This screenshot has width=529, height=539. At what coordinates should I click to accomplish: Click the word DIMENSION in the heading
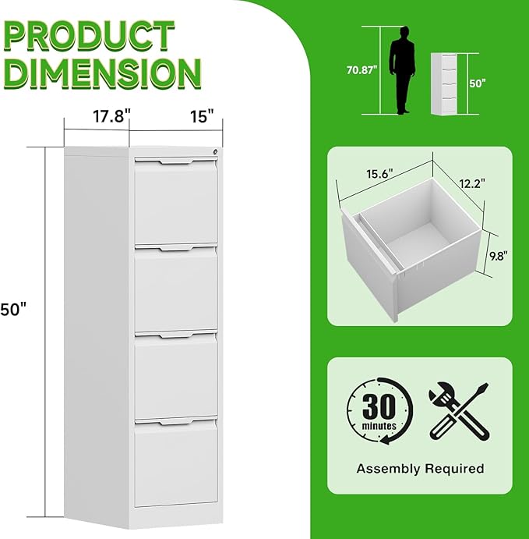tap(102, 73)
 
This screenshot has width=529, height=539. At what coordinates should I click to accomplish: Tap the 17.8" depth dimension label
tap(112, 116)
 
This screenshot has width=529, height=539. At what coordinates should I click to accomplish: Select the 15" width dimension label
tap(202, 116)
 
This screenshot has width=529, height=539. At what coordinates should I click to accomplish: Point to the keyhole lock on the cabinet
tap(216, 151)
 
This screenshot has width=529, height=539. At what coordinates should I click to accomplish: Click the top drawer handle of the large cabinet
tap(176, 161)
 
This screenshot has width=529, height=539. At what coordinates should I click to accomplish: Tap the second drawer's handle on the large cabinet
tap(176, 247)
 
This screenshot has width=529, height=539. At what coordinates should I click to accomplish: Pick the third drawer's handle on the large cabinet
tap(176, 334)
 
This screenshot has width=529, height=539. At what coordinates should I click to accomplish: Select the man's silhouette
tap(402, 70)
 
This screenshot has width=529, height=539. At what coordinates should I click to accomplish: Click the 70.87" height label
tap(361, 70)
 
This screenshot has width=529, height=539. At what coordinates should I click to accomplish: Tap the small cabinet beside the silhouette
tap(443, 84)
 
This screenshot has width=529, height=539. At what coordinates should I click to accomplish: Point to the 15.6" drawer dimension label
tap(379, 174)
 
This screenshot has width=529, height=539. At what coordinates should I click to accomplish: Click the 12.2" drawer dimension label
tap(472, 183)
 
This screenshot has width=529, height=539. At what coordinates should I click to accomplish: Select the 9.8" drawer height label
tap(498, 256)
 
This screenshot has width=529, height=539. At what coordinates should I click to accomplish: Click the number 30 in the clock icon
tap(379, 406)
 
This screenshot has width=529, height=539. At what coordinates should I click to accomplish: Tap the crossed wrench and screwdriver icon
tap(459, 411)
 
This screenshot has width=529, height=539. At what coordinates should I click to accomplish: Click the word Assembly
tap(388, 469)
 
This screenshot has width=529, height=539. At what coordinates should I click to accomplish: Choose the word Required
tap(454, 468)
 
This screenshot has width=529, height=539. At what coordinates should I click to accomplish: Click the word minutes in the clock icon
tap(379, 426)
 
